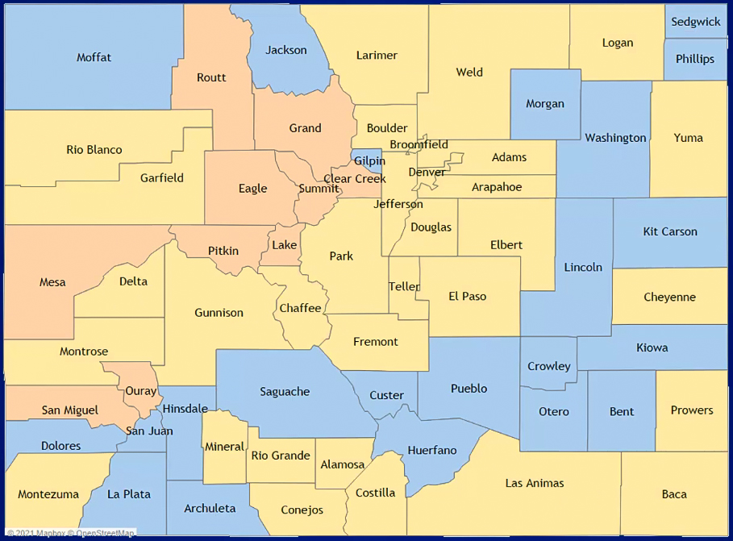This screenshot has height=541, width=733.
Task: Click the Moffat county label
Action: coord(94,57)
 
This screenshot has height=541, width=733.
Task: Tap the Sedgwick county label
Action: coord(696,22)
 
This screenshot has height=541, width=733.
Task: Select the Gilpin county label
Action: coord(369,161)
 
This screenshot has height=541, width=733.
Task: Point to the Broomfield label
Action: coord(419,144)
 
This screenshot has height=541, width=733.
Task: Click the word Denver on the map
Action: coord(427,172)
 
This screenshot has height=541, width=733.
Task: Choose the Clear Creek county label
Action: coord(355,179)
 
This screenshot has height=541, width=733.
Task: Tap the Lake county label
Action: coord(284,245)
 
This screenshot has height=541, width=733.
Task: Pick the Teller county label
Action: coord(404,286)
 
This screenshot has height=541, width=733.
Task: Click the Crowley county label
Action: coord(548,366)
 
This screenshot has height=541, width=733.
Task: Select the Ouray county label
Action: coord(140,391)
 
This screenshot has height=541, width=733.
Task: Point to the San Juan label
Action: coord(149,431)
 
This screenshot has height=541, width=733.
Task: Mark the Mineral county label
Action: coord(224,447)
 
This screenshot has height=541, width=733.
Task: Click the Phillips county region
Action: coord(695,59)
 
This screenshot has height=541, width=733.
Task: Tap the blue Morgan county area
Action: coord(545,103)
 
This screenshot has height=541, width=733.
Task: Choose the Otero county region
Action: coord(553,411)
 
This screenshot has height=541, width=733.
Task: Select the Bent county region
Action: coord(622,411)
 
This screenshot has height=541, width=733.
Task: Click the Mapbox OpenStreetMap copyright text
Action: coord(71,533)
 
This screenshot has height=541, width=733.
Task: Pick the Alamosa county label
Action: coord(343,464)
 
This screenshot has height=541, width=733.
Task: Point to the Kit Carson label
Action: coord(670,231)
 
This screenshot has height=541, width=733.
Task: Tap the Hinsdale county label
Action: coord(185,409)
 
